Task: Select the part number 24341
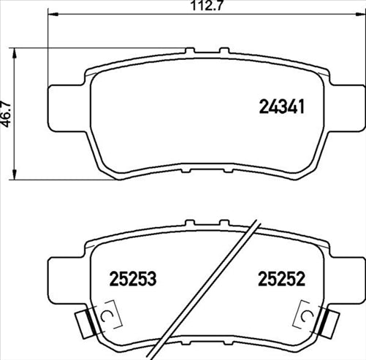[281, 108]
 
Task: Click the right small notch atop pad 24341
[221, 51]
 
